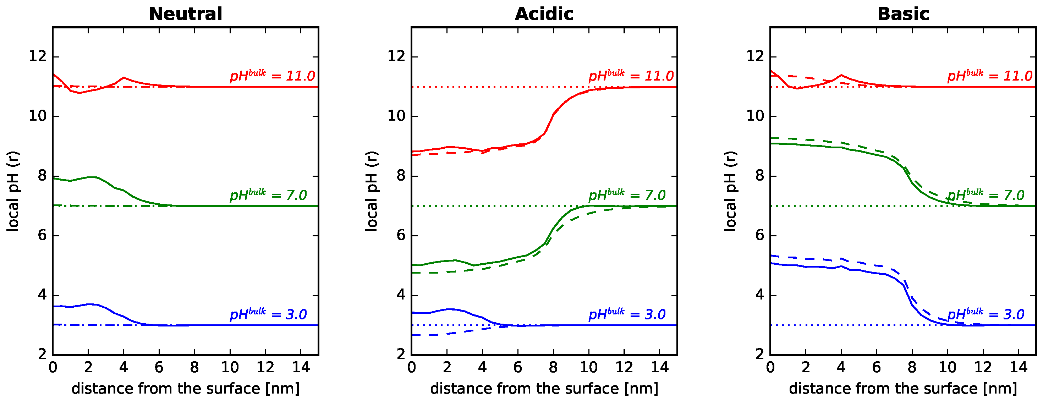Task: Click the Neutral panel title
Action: [186, 14]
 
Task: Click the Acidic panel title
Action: [544, 14]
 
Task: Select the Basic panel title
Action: [902, 14]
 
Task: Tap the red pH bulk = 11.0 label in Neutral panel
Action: [272, 76]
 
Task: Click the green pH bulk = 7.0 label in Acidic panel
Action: [627, 195]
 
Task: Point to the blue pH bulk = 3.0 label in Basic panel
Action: [986, 314]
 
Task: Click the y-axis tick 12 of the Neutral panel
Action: [37, 56]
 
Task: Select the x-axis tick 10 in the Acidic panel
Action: [588, 367]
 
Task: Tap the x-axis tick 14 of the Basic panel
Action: [1018, 367]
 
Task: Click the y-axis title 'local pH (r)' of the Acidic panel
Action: [371, 191]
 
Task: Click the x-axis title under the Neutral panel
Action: [186, 389]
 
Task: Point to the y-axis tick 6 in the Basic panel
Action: [759, 235]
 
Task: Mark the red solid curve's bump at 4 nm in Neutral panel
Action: [123, 77]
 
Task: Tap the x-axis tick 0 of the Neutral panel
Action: [53, 367]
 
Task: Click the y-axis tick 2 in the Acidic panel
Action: [401, 355]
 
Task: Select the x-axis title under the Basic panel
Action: [902, 389]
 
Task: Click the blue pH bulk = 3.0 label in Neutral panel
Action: [268, 314]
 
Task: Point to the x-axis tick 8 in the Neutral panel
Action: [194, 367]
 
